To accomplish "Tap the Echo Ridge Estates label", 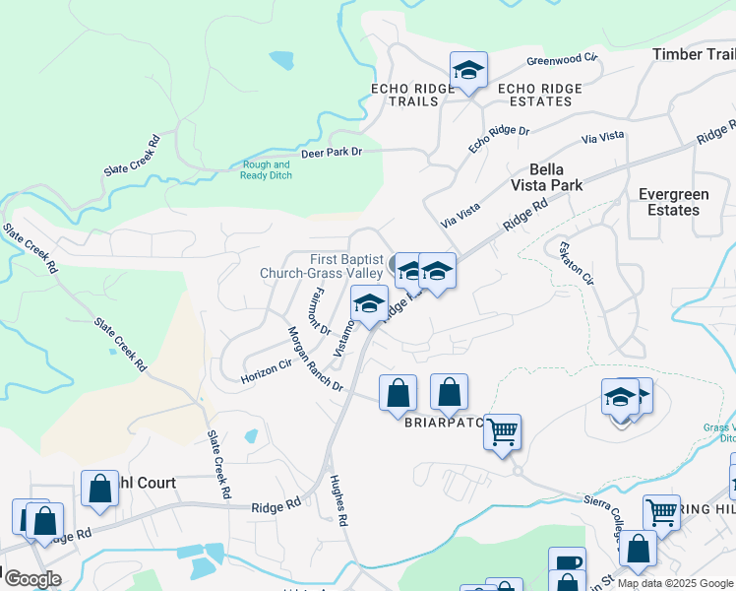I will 540,95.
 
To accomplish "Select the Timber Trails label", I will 694,54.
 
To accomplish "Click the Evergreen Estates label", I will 674,202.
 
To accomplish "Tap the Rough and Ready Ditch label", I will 266,170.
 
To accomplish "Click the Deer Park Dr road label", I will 332,152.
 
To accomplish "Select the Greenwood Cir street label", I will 562,60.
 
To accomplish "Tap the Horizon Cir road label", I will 268,370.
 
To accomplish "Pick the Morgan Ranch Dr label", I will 314,359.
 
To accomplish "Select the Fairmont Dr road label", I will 320,305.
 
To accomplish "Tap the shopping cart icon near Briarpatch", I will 503,430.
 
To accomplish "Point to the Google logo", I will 32,578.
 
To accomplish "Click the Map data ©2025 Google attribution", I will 675,583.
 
